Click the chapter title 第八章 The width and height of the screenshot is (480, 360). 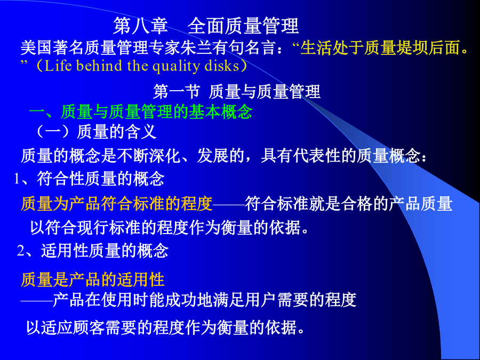(x=140, y=26)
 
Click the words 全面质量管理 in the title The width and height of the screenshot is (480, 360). (x=243, y=26)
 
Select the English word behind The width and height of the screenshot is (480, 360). (x=99, y=66)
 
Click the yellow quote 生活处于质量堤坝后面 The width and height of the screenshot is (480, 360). (x=380, y=48)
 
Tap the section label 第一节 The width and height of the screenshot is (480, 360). (x=177, y=92)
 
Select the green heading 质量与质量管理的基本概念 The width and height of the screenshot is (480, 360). (x=156, y=112)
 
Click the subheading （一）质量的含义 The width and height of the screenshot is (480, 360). (x=95, y=132)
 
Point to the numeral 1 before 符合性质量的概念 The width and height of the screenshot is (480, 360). (x=17, y=179)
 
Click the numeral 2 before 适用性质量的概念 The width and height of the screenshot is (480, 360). (x=21, y=251)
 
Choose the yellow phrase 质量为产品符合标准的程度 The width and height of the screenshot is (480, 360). (x=117, y=204)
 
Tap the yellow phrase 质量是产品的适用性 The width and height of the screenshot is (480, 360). (x=93, y=279)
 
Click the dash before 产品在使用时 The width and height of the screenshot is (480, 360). (x=37, y=301)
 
